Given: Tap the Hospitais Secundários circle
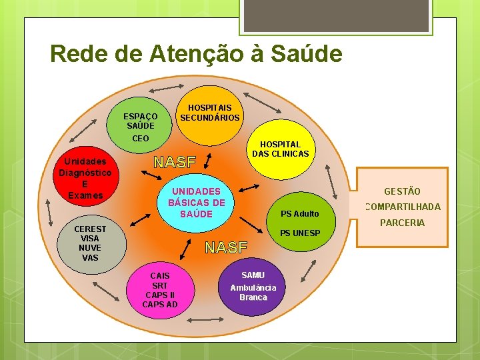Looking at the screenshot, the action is point(210,113).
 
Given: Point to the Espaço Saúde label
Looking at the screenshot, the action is point(141,121).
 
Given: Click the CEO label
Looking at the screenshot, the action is point(141,139).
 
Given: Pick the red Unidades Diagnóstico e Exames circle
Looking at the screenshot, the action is point(85,179).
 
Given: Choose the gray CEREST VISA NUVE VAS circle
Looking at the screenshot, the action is point(90,243).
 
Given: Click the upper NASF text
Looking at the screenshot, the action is point(175,162).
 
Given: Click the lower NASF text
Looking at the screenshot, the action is point(226,248).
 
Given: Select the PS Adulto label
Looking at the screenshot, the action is point(299,214).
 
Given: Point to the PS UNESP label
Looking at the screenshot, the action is point(300,233).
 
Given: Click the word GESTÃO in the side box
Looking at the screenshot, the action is point(402,192).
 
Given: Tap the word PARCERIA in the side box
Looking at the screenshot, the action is point(402,223).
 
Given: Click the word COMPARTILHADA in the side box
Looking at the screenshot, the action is point(403,207).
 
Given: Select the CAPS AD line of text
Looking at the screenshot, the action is point(160,305).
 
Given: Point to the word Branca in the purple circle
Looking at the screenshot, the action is point(253,297).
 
